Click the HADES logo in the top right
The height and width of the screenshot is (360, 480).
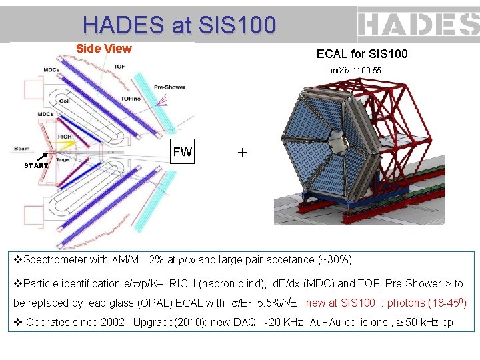pos(418,25)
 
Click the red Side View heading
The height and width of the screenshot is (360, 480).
pos(103,49)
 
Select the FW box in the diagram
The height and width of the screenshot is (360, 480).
pos(182,152)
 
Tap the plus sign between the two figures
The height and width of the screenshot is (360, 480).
pos(242,153)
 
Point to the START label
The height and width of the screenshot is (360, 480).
pos(36,166)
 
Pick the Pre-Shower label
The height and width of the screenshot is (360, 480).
pos(169,87)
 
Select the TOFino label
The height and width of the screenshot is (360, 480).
pos(130,99)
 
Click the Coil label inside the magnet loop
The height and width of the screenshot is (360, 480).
pos(64,101)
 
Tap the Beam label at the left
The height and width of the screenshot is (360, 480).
pos(22,148)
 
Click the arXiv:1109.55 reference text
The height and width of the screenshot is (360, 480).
pos(355,70)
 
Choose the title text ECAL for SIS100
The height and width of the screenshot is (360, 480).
pos(362,54)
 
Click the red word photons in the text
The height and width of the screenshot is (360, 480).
pos(405,303)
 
